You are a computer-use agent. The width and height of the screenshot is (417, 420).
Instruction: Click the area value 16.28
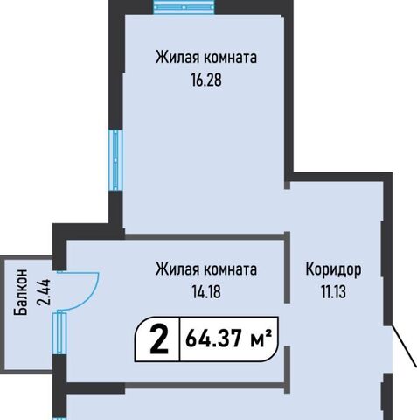(x=206, y=80)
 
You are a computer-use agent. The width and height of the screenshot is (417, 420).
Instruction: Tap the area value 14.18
(x=206, y=291)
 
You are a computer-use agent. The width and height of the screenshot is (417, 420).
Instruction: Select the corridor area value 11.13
(x=334, y=291)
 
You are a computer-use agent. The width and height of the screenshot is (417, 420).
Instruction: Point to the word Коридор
(x=333, y=269)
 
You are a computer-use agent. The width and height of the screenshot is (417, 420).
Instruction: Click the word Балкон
(x=21, y=292)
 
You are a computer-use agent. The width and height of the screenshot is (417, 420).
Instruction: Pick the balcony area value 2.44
(x=44, y=292)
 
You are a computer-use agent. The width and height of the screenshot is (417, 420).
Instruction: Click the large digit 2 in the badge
(x=159, y=339)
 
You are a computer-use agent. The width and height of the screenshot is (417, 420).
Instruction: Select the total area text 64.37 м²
(x=229, y=339)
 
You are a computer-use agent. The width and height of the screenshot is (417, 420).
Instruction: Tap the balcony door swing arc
(x=93, y=295)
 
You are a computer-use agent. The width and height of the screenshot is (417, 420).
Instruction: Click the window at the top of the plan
(x=184, y=7)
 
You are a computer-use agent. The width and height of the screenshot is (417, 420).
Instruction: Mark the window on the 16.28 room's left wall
(x=115, y=160)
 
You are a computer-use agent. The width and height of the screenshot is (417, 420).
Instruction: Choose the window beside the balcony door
(x=59, y=333)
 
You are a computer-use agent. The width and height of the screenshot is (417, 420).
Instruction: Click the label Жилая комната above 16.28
(x=206, y=58)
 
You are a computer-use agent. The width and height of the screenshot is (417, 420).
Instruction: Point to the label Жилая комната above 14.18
(x=206, y=269)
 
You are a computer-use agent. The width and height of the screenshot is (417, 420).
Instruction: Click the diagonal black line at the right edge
(x=405, y=345)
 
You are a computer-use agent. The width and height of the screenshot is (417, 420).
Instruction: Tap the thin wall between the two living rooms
(x=205, y=236)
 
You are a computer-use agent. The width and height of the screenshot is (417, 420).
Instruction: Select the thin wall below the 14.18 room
(x=205, y=386)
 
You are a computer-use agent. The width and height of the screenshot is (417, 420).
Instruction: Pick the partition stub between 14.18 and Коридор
(x=287, y=267)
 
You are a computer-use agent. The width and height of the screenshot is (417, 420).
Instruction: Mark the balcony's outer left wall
(x=3, y=314)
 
